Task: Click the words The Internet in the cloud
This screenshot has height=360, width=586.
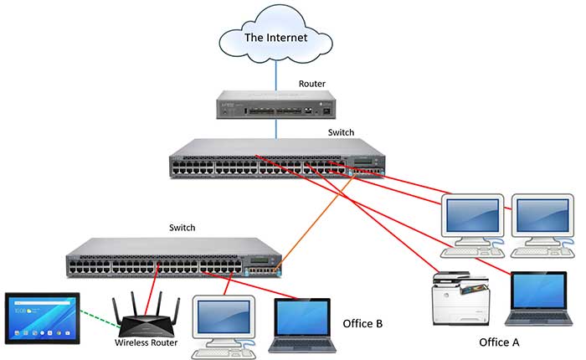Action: [x=275, y=38]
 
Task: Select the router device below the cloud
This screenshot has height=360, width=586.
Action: [x=275, y=106]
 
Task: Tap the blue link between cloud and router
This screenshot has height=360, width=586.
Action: [x=275, y=72]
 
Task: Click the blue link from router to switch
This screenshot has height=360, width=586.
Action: [x=275, y=128]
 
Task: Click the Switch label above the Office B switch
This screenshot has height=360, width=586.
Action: [x=183, y=228]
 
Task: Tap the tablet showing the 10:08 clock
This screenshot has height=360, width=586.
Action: [x=42, y=316]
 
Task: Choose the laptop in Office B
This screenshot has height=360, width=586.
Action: [x=303, y=322]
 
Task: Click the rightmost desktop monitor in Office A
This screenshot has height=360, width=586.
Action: [x=542, y=214]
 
